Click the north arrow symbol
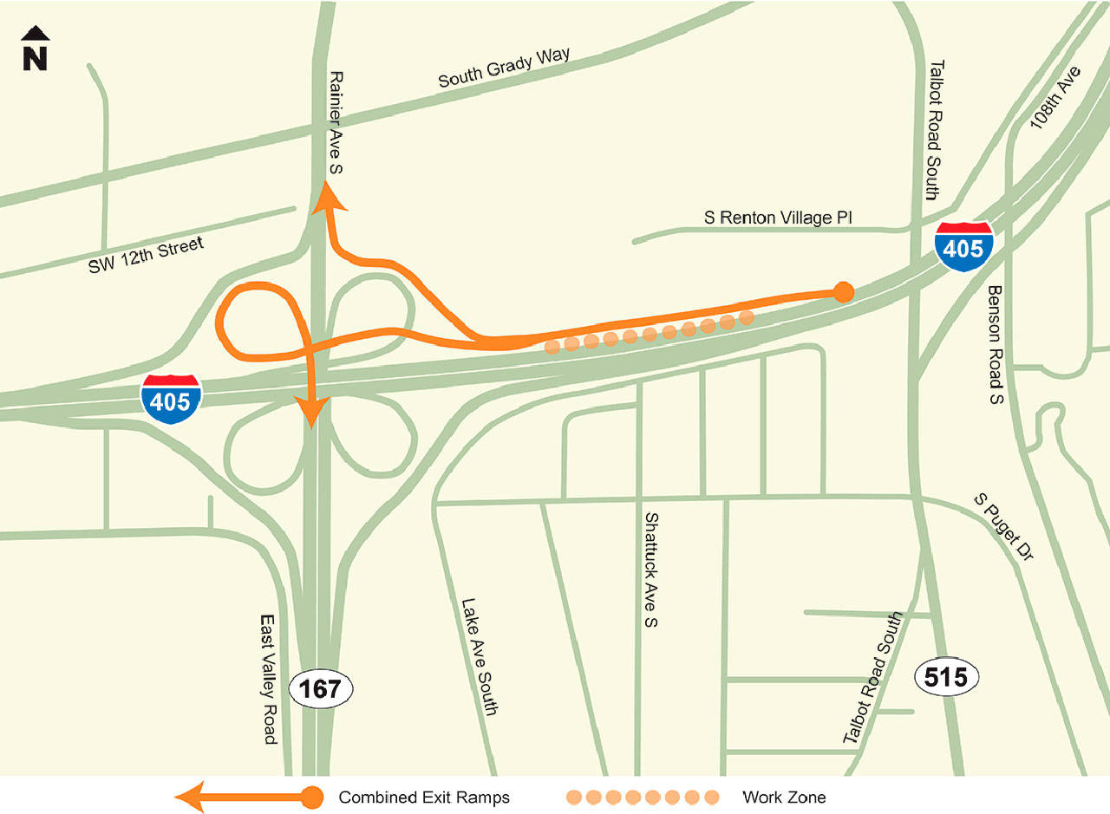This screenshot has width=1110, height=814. click(x=35, y=49)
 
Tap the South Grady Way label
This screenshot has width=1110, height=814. click(x=504, y=68)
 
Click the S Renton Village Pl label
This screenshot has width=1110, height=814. click(x=778, y=218)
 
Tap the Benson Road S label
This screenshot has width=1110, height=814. click(x=995, y=345)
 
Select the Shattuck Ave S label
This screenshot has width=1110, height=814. click(x=651, y=569)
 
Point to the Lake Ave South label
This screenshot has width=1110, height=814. click(x=479, y=656)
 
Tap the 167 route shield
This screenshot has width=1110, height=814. click(x=321, y=689)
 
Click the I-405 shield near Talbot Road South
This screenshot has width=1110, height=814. click(x=963, y=247)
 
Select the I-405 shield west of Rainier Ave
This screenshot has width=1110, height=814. click(x=172, y=399)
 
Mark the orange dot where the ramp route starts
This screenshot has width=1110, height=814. click(x=842, y=292)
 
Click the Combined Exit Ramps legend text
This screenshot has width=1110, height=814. click(x=424, y=797)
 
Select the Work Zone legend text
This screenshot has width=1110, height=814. click(x=784, y=797)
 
